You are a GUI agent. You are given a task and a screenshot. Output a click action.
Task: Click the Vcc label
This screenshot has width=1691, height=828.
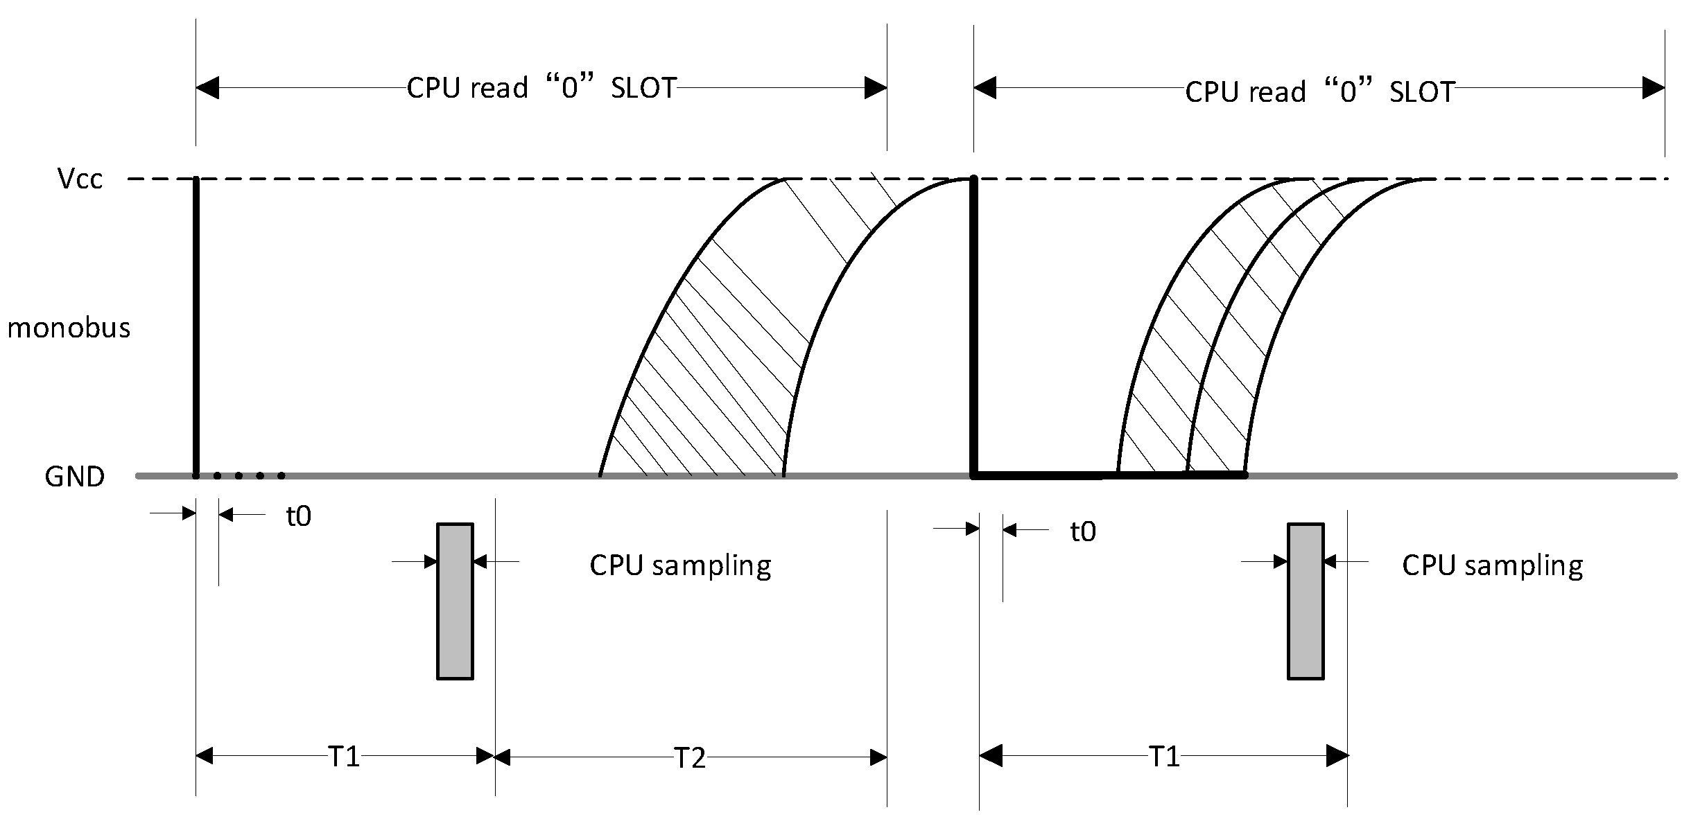80,179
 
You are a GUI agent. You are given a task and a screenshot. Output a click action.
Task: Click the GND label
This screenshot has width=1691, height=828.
75,477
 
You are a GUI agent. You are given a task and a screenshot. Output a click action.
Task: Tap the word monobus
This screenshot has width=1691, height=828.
69,328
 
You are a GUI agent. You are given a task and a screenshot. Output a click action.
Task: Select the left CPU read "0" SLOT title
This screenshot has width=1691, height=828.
541,89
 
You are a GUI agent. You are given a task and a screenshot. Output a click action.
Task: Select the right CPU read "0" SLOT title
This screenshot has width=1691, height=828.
1319,91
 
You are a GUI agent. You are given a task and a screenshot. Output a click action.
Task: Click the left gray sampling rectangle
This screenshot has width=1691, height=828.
455,601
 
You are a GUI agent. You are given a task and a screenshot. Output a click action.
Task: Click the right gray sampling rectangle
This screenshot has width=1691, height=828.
1306,601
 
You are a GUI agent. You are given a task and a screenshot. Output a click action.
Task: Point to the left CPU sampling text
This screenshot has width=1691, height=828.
680,565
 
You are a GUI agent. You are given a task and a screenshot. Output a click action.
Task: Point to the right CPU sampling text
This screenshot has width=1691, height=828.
1492,565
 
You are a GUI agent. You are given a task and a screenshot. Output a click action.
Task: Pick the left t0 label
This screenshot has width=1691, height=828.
299,516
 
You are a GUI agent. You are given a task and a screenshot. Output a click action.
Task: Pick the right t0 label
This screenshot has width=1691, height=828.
1083,531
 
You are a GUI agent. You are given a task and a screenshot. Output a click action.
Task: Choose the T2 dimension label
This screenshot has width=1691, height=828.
690,758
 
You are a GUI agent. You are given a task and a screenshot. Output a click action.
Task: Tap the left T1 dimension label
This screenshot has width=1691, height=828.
344,757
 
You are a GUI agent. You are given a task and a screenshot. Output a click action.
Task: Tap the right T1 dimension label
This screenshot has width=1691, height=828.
1164,757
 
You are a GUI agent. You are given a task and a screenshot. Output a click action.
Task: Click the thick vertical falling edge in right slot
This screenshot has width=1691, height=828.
973,326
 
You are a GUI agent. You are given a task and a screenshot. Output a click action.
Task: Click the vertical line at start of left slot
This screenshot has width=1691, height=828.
196,326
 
